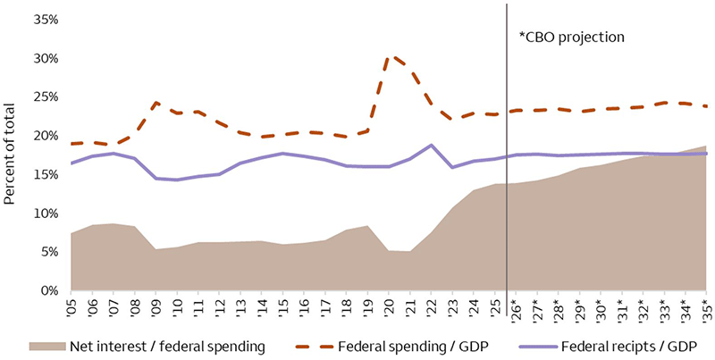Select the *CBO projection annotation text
point(571,38)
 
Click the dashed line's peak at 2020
point(389,57)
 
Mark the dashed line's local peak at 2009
point(156,103)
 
